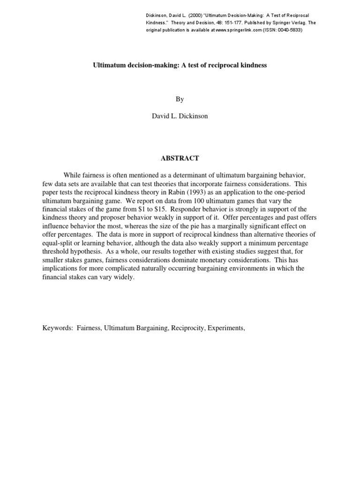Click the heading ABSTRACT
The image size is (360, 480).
pyautogui.click(x=180, y=158)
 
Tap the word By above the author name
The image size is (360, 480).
pyautogui.click(x=180, y=99)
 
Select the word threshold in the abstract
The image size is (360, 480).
pyautogui.click(x=56, y=251)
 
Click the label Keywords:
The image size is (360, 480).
pyautogui.click(x=58, y=328)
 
